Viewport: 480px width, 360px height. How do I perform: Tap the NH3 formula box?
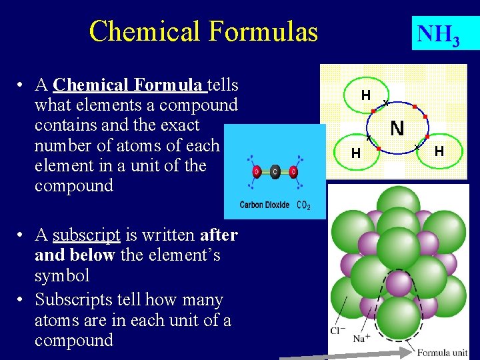point(438,33)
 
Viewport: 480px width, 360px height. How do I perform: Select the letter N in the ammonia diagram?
point(397,128)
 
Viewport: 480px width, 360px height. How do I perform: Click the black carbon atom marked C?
point(275,172)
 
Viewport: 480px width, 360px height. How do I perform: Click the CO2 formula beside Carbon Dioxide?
point(303,205)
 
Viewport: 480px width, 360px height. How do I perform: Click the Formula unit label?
point(442,352)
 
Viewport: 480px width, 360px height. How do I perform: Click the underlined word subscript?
point(86,235)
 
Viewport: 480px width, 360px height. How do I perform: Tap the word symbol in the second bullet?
point(62,275)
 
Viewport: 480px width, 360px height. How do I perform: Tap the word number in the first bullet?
point(63,145)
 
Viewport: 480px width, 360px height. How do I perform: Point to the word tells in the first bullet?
point(224,85)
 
